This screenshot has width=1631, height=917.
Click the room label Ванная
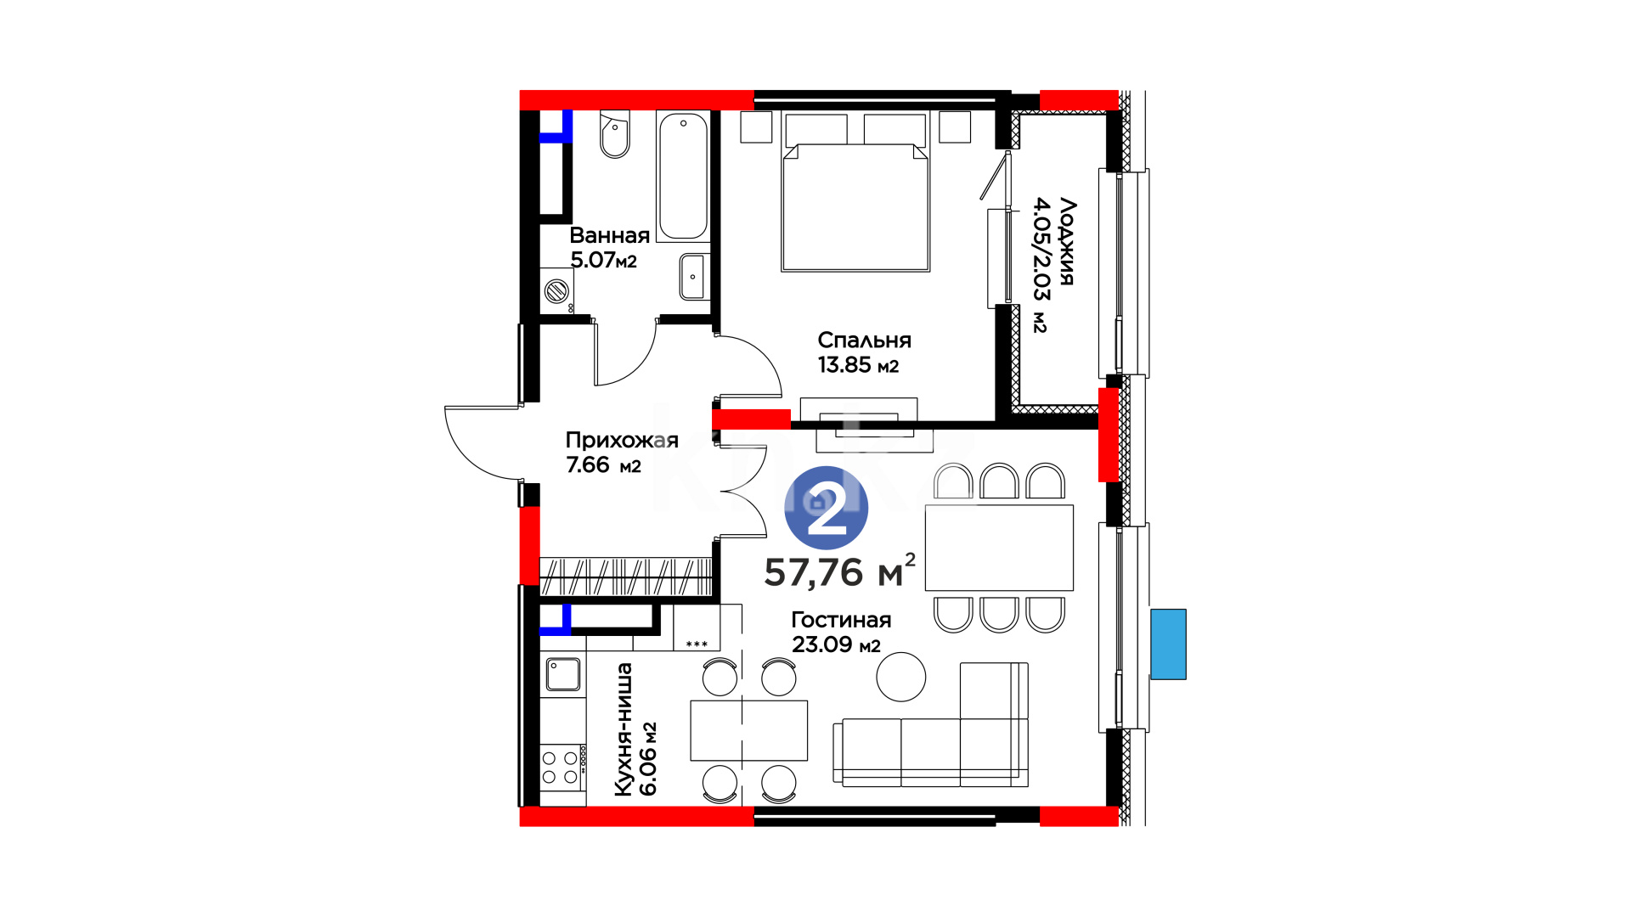click(609, 235)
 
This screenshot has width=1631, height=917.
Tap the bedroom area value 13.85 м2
click(858, 365)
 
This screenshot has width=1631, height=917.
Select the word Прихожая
click(622, 440)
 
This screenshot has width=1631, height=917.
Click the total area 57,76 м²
click(839, 571)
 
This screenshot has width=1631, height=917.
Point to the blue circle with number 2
click(826, 508)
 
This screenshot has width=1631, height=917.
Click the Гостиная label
click(841, 620)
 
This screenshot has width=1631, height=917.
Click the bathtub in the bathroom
click(683, 177)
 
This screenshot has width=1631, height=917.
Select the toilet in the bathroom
click(614, 134)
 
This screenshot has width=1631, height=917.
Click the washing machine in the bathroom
click(557, 291)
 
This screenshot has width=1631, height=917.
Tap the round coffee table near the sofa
click(901, 677)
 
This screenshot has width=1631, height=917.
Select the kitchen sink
click(562, 675)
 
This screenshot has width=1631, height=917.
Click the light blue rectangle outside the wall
click(1168, 644)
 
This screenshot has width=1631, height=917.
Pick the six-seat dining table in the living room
click(999, 548)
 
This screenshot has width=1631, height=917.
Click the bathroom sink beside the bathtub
click(693, 277)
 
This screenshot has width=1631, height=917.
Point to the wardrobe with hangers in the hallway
click(625, 576)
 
